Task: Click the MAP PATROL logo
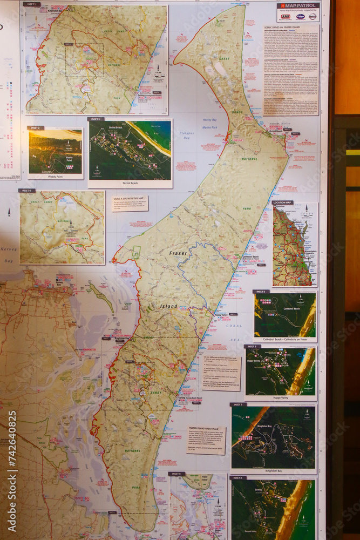tap(298, 6)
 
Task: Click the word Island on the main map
tap(168, 306)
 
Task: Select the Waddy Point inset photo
tap(56, 152)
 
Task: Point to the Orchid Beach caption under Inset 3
tap(130, 183)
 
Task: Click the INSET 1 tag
tap(32, 4)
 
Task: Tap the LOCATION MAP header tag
tap(282, 202)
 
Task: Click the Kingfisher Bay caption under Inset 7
tap(273, 471)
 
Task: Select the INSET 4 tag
tap(26, 191)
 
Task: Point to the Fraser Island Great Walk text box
tap(206, 440)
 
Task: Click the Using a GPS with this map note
tap(130, 204)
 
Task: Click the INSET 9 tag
tap(176, 474)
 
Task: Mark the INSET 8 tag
tap(237, 478)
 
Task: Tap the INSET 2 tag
tap(36, 128)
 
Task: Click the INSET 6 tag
tap(252, 347)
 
